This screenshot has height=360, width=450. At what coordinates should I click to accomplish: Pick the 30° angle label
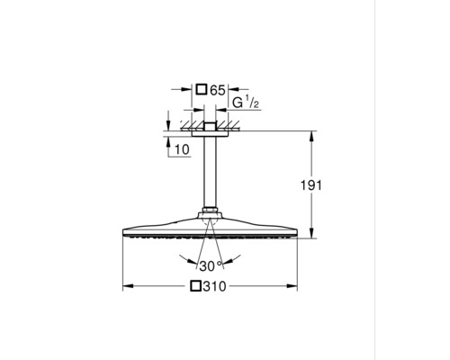[211, 265]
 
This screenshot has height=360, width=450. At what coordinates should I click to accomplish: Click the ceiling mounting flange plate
[211, 130]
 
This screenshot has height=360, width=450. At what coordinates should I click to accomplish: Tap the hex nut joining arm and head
[211, 215]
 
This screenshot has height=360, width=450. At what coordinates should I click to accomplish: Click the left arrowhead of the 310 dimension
[126, 287]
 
